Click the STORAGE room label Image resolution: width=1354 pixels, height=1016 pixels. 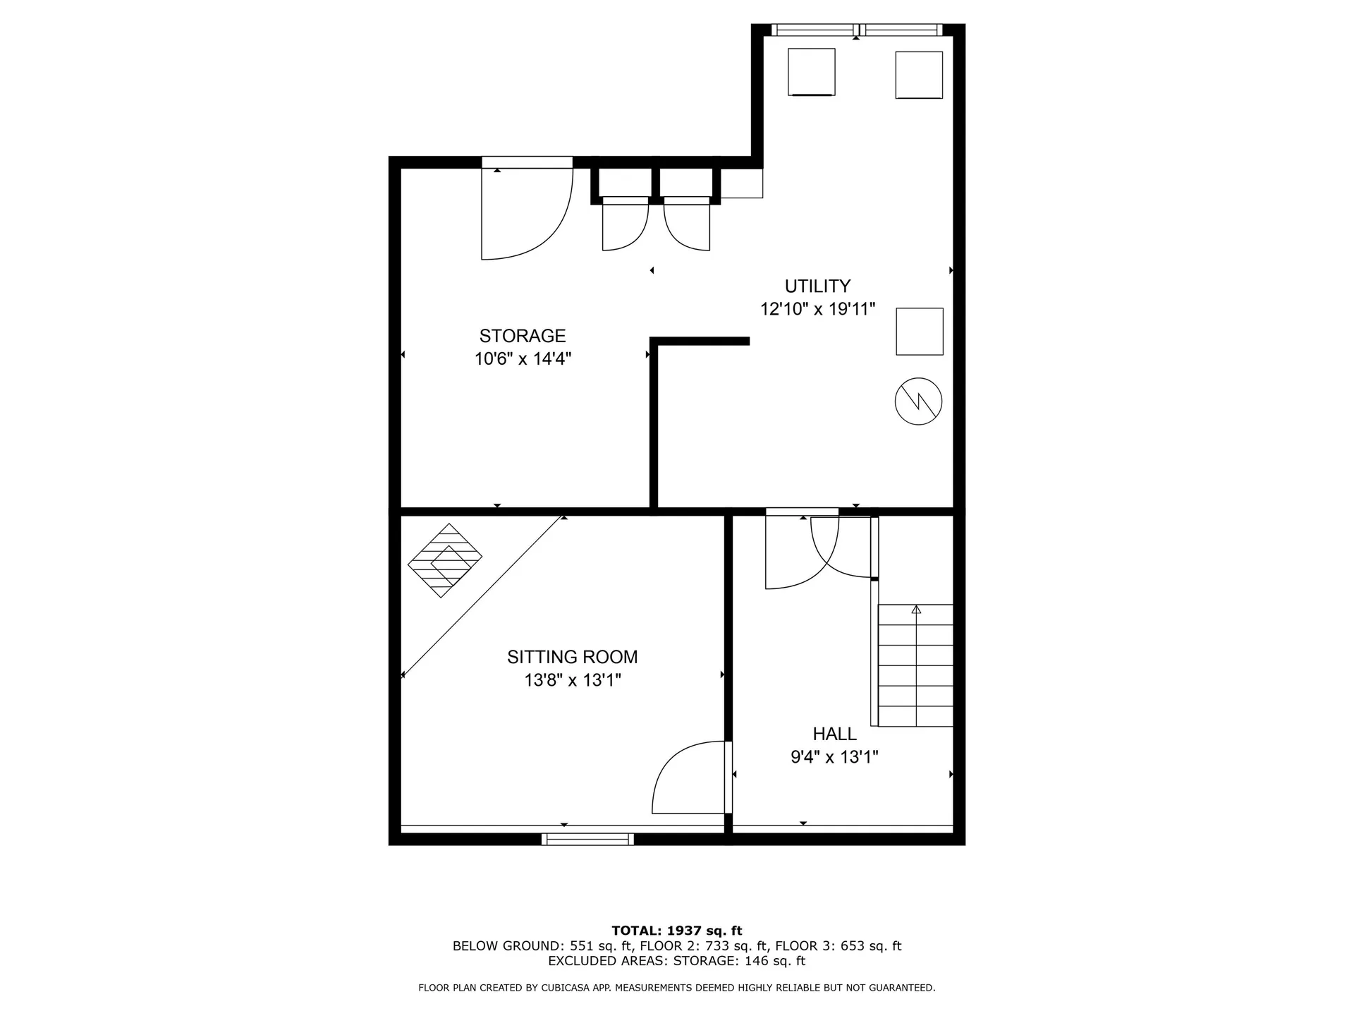(x=523, y=336)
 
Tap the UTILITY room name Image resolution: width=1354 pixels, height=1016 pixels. (x=817, y=286)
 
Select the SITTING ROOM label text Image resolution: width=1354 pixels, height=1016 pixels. (x=572, y=657)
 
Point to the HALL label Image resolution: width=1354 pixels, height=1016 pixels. (x=834, y=734)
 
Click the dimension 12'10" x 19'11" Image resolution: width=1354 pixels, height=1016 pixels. (x=817, y=309)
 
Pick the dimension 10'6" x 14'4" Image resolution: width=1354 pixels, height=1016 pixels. (x=523, y=359)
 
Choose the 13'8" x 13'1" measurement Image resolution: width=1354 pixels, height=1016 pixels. (x=572, y=680)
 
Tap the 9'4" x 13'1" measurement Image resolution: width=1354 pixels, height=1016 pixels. (x=834, y=757)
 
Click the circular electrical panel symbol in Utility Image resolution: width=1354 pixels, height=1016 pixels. (x=918, y=401)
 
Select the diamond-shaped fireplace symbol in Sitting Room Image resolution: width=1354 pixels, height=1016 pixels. (x=445, y=560)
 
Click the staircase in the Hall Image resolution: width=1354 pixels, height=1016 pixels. (x=915, y=665)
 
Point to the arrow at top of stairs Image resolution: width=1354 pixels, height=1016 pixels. (x=916, y=609)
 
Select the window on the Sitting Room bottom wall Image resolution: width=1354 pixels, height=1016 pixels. (x=587, y=839)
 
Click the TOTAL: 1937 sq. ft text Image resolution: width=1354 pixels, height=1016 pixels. (x=676, y=931)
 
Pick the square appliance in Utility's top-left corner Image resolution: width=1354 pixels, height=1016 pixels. (x=811, y=72)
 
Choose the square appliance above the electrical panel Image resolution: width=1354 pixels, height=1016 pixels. (x=920, y=331)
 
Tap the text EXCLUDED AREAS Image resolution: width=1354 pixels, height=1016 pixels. (x=608, y=961)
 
